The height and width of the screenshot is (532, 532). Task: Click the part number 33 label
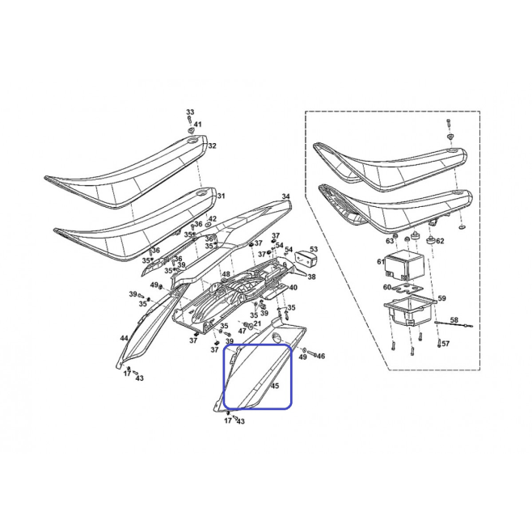click(x=190, y=112)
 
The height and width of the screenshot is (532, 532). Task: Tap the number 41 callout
click(x=197, y=125)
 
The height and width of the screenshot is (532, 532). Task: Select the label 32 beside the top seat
click(x=212, y=146)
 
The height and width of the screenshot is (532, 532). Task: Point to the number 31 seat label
click(x=221, y=196)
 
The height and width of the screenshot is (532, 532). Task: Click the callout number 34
click(x=286, y=196)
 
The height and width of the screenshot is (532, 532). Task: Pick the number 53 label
click(x=314, y=250)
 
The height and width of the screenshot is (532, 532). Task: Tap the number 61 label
click(x=381, y=262)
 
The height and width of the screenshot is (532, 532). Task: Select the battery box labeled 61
click(x=404, y=264)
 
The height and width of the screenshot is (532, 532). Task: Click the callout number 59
click(x=441, y=298)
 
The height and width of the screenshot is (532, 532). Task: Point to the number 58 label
click(x=454, y=320)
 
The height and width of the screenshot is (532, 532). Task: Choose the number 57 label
click(x=445, y=344)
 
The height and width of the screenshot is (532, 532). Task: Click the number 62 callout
click(x=440, y=241)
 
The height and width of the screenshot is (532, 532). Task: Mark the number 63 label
click(x=390, y=241)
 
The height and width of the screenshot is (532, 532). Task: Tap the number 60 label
click(x=387, y=287)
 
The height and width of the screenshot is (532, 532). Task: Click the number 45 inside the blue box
click(x=275, y=386)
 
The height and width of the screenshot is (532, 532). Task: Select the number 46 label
click(x=321, y=356)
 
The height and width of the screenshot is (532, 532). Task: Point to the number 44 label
click(x=125, y=338)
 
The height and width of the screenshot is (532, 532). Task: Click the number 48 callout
click(x=226, y=274)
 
